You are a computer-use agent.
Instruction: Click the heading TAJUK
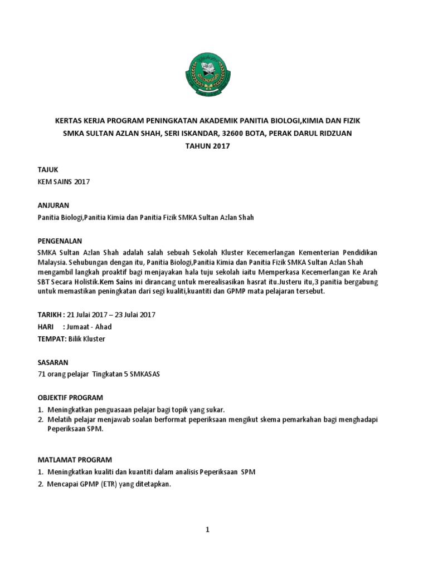48,169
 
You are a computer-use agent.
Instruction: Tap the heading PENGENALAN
60,241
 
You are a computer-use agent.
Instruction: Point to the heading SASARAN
53,361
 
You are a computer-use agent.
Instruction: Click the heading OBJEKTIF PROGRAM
70,397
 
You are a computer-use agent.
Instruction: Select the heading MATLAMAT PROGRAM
74,460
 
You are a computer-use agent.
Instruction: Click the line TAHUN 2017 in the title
207,146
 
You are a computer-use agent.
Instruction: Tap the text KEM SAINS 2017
64,181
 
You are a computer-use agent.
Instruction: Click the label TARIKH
48,315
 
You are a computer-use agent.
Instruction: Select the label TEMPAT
51,338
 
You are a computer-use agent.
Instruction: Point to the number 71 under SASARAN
40,374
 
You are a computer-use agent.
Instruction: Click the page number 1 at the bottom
207,529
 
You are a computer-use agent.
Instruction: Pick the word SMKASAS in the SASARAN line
145,374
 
